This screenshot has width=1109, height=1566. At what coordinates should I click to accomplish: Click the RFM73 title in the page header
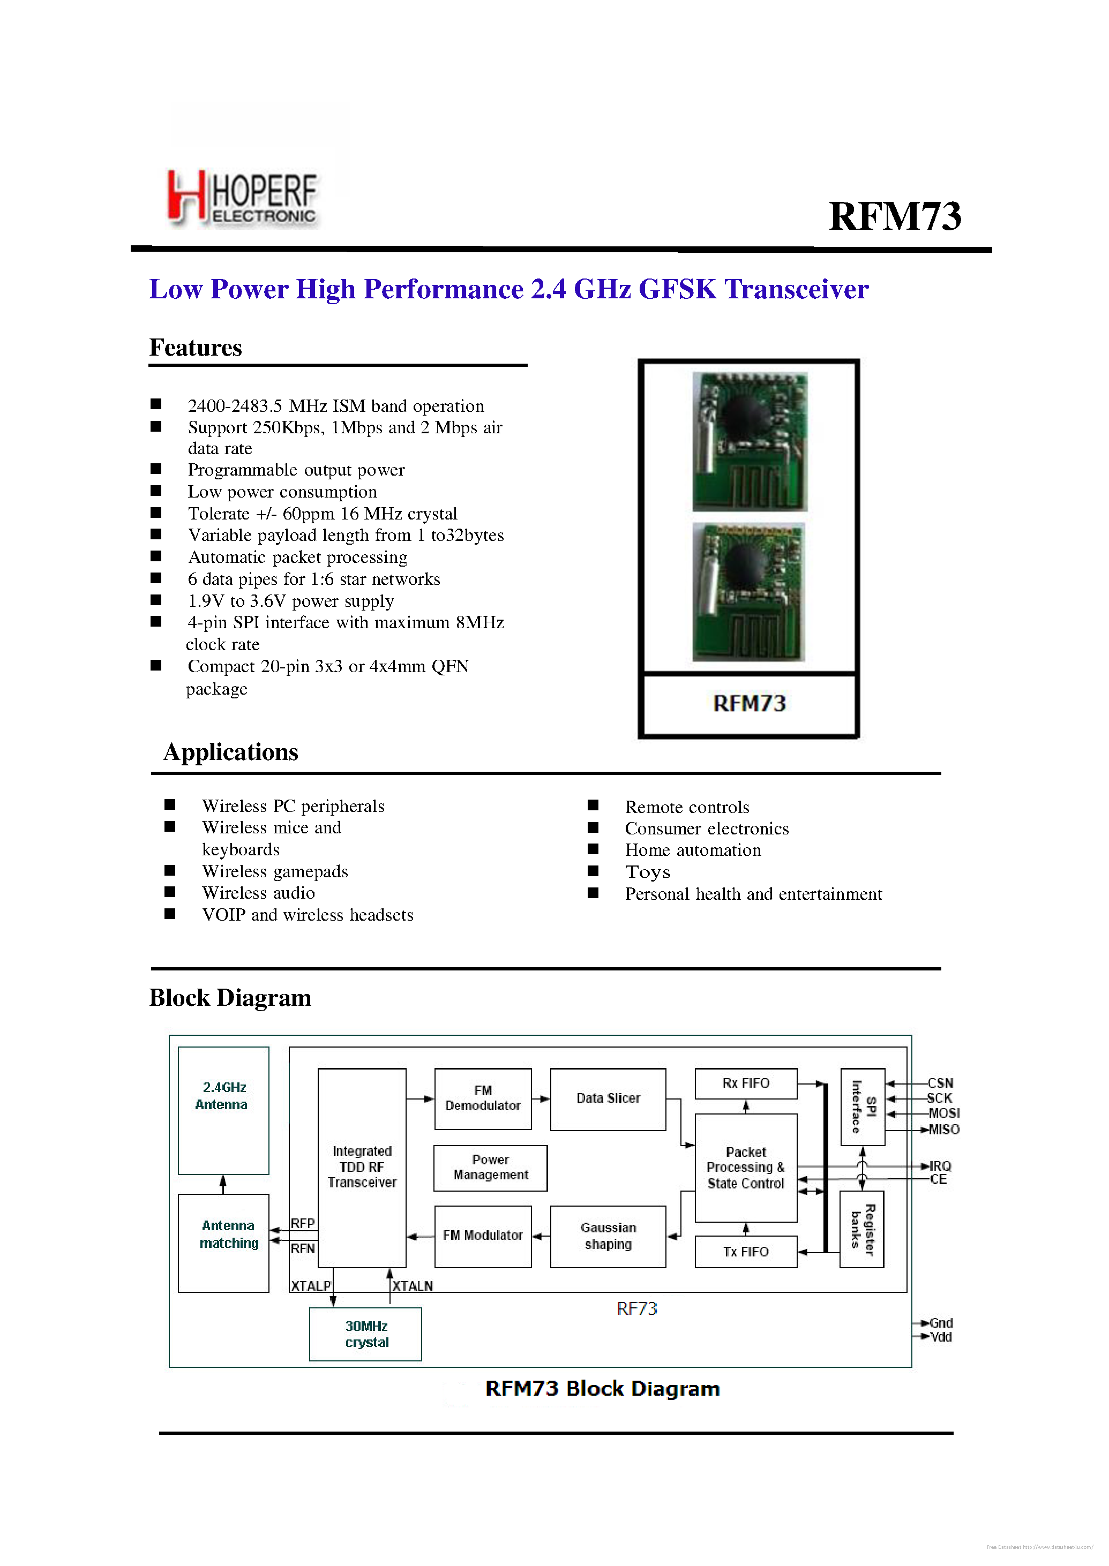[x=895, y=216]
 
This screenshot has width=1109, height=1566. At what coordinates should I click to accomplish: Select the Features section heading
[x=196, y=348]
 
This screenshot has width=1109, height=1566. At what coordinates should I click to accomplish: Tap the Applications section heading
[x=231, y=752]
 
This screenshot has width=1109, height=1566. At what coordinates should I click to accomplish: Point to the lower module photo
[x=749, y=592]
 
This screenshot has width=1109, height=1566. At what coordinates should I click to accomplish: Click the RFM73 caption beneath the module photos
[x=749, y=704]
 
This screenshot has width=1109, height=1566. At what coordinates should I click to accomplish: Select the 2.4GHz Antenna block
[x=223, y=1110]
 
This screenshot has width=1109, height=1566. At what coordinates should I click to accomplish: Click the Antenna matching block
[x=223, y=1243]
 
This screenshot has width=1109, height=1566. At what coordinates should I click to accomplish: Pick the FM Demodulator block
[x=483, y=1098]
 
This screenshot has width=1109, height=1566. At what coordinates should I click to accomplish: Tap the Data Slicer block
[x=608, y=1099]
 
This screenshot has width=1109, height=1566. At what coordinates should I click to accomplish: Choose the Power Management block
[x=490, y=1168]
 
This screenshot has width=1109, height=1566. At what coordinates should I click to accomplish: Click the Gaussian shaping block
[x=608, y=1236]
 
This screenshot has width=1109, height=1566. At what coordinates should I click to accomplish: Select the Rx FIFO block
[x=746, y=1083]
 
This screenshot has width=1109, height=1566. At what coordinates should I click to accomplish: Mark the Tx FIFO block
[x=746, y=1251]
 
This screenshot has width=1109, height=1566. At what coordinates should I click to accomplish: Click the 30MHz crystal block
[x=365, y=1334]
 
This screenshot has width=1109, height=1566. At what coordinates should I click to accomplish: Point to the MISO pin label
[x=944, y=1130]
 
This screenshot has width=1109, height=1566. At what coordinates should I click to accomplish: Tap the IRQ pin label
[x=940, y=1166]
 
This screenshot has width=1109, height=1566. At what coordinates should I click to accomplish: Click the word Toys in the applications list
[x=647, y=872]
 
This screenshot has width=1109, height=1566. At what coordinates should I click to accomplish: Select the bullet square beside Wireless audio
[x=170, y=892]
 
